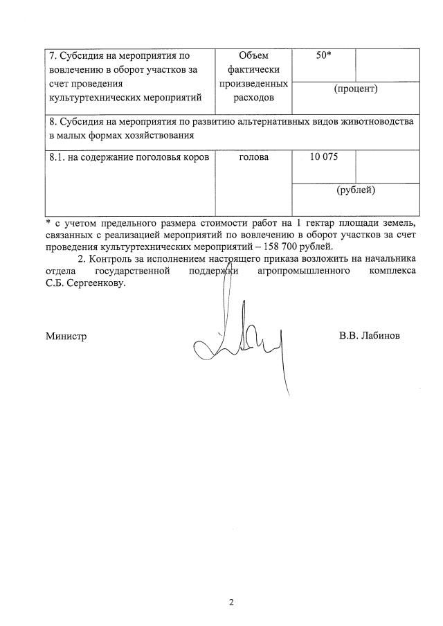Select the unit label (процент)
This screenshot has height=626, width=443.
[x=355, y=89]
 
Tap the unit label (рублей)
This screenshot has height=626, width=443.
[x=355, y=190]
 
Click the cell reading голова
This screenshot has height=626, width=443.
[x=253, y=158]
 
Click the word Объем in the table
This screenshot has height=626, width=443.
[x=252, y=56]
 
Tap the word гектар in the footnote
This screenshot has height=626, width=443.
[x=327, y=222]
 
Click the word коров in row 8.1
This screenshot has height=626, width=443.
[x=195, y=158]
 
